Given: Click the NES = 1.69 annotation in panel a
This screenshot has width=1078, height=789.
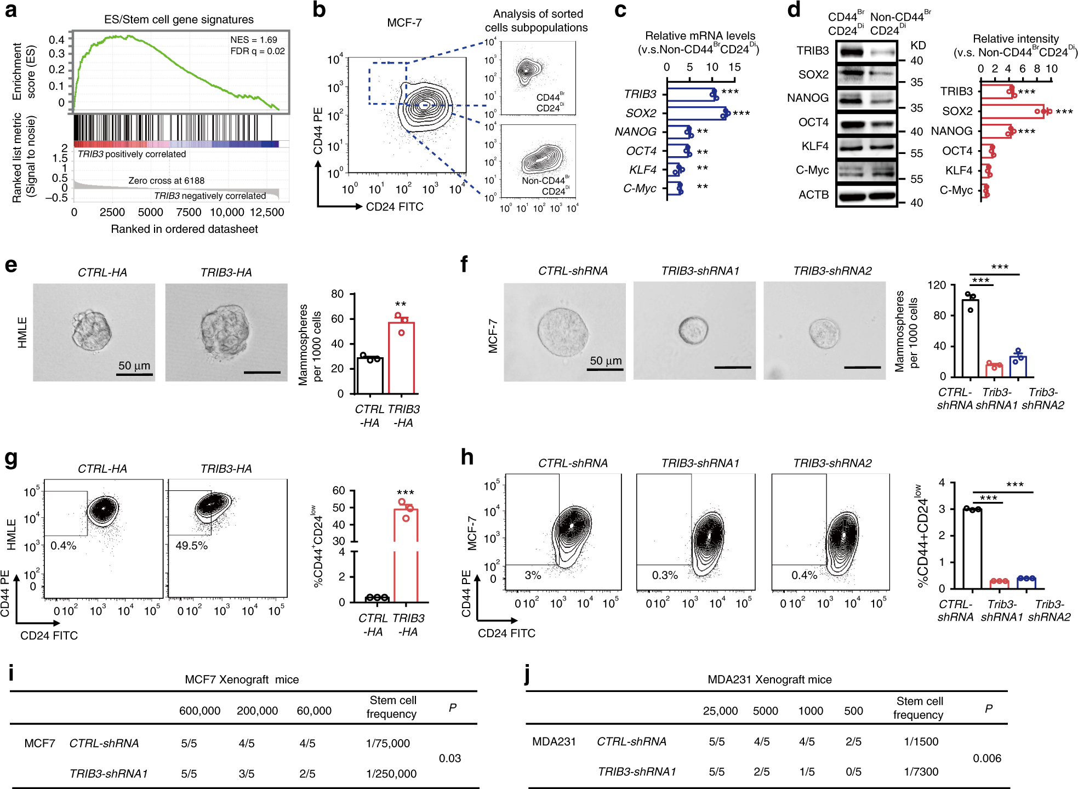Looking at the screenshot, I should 253,40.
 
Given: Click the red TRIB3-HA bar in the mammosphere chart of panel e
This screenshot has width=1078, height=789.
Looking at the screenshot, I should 401,357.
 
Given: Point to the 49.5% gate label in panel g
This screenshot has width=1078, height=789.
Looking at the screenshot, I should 191,546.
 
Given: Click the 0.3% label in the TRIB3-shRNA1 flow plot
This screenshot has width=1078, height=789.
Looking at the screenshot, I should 664,575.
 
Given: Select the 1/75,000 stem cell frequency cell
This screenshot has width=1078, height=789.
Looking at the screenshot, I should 387,743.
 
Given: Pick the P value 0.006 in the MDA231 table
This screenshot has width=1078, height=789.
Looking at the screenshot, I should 986,758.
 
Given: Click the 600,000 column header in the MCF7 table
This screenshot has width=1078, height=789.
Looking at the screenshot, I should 199,711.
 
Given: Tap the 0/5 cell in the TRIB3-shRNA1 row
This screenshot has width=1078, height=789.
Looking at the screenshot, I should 853,771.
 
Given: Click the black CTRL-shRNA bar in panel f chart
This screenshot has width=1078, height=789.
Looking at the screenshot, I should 970,338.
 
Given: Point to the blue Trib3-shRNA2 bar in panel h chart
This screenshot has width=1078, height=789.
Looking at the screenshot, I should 1026,582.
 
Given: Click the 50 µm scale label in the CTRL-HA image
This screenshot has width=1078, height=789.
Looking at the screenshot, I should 134,365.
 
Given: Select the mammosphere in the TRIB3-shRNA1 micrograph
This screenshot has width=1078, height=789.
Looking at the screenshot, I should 693,330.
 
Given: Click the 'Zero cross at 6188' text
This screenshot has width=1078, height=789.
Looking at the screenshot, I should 166,180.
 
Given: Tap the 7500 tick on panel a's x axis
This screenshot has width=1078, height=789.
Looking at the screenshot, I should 189,212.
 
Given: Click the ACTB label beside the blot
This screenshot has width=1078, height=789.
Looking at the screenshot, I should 813,195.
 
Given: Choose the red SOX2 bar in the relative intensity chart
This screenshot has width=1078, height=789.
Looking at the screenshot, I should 1012,111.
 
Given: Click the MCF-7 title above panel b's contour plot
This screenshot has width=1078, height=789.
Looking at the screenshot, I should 404,22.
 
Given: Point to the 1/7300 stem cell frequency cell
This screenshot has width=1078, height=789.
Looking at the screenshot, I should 921,771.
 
